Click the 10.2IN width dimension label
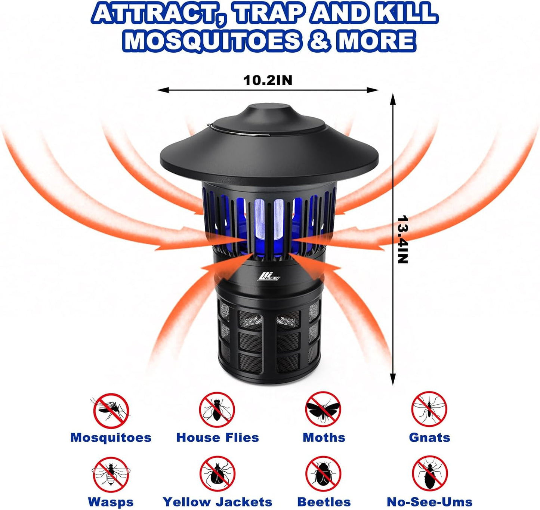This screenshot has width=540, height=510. pos(268,80)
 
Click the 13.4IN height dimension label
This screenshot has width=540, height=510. pos(402,239)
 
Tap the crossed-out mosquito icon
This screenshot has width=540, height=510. pos(111,410)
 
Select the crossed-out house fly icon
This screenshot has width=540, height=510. pos(217,410)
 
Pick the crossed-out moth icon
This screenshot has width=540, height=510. pos(323,410)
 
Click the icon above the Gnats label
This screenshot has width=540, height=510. pos(429,410)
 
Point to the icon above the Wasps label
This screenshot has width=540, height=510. pos(111,475)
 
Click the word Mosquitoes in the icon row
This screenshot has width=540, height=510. pos(111,438)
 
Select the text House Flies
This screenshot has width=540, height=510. pos(217,438)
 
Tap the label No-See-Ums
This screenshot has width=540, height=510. pos(429,502)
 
